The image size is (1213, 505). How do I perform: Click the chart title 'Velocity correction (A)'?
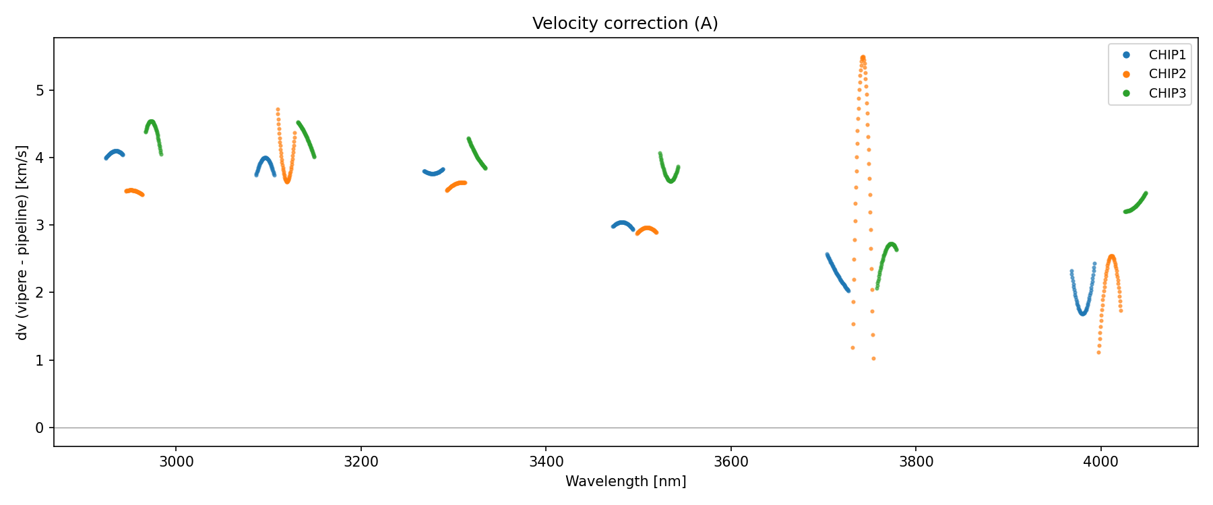[625, 24]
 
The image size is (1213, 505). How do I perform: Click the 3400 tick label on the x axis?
[546, 462]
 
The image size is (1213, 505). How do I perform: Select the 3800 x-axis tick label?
[916, 462]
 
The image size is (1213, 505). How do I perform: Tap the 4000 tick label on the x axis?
[1100, 462]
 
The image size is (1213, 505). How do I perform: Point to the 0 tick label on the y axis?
[40, 428]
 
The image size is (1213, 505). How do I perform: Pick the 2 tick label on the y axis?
[40, 293]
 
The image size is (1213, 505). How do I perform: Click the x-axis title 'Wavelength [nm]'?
[625, 481]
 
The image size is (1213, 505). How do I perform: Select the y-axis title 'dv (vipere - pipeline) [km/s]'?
[22, 242]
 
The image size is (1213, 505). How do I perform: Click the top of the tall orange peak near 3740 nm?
[863, 57]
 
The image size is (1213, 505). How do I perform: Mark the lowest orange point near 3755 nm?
[873, 359]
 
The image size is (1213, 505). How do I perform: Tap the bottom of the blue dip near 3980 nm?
[1083, 314]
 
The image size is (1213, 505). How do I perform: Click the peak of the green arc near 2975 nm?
[152, 121]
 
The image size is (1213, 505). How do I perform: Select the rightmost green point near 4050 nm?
[1146, 194]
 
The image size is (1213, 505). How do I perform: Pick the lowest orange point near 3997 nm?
[1098, 353]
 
